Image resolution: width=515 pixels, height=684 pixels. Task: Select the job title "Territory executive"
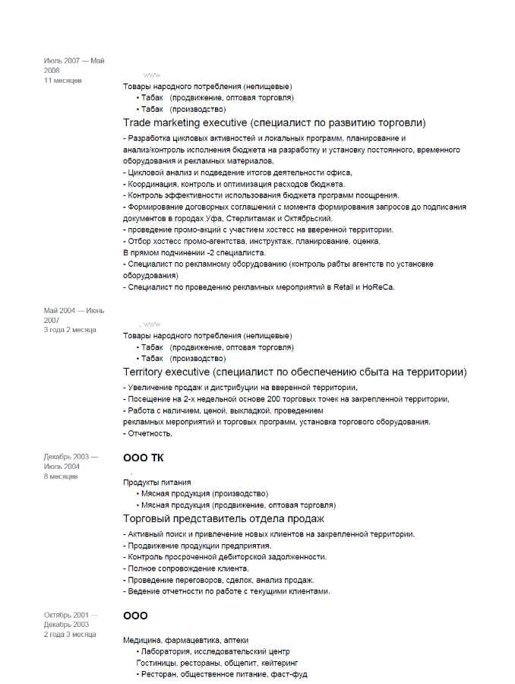(166, 372)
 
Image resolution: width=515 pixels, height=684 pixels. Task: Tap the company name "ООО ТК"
(143, 458)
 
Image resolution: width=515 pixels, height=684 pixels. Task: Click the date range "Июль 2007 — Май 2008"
(74, 65)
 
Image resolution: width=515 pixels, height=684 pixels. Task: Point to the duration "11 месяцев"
(63, 80)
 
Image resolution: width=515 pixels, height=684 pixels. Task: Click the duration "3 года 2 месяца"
(69, 330)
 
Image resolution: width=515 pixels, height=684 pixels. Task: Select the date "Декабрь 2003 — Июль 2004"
(71, 461)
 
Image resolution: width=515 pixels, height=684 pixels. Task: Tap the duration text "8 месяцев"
(61, 477)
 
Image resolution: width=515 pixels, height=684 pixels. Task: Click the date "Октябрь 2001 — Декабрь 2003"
(71, 619)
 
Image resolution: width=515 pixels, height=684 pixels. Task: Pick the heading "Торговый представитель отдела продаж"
(224, 518)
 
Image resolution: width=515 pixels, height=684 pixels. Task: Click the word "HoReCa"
(378, 287)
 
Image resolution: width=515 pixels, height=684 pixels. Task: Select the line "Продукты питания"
(157, 483)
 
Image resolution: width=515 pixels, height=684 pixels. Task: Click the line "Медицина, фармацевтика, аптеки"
(185, 641)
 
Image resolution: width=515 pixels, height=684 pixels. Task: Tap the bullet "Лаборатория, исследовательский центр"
(215, 652)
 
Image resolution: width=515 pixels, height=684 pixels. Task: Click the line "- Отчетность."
(147, 433)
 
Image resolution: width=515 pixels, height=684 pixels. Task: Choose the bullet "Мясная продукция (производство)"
(204, 493)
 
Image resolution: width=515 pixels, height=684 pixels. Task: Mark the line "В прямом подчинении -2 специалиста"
(194, 252)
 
